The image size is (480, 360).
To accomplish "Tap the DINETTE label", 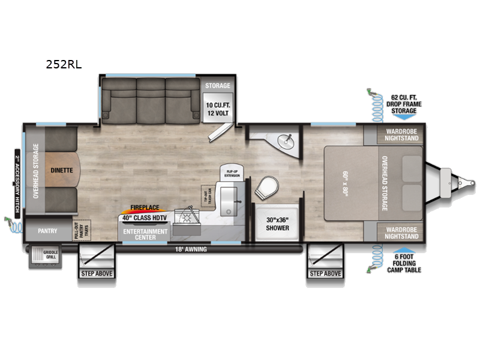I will point(61,170).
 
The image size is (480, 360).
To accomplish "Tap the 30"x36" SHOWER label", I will point(277,223).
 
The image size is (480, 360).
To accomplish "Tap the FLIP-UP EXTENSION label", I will point(233,173).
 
